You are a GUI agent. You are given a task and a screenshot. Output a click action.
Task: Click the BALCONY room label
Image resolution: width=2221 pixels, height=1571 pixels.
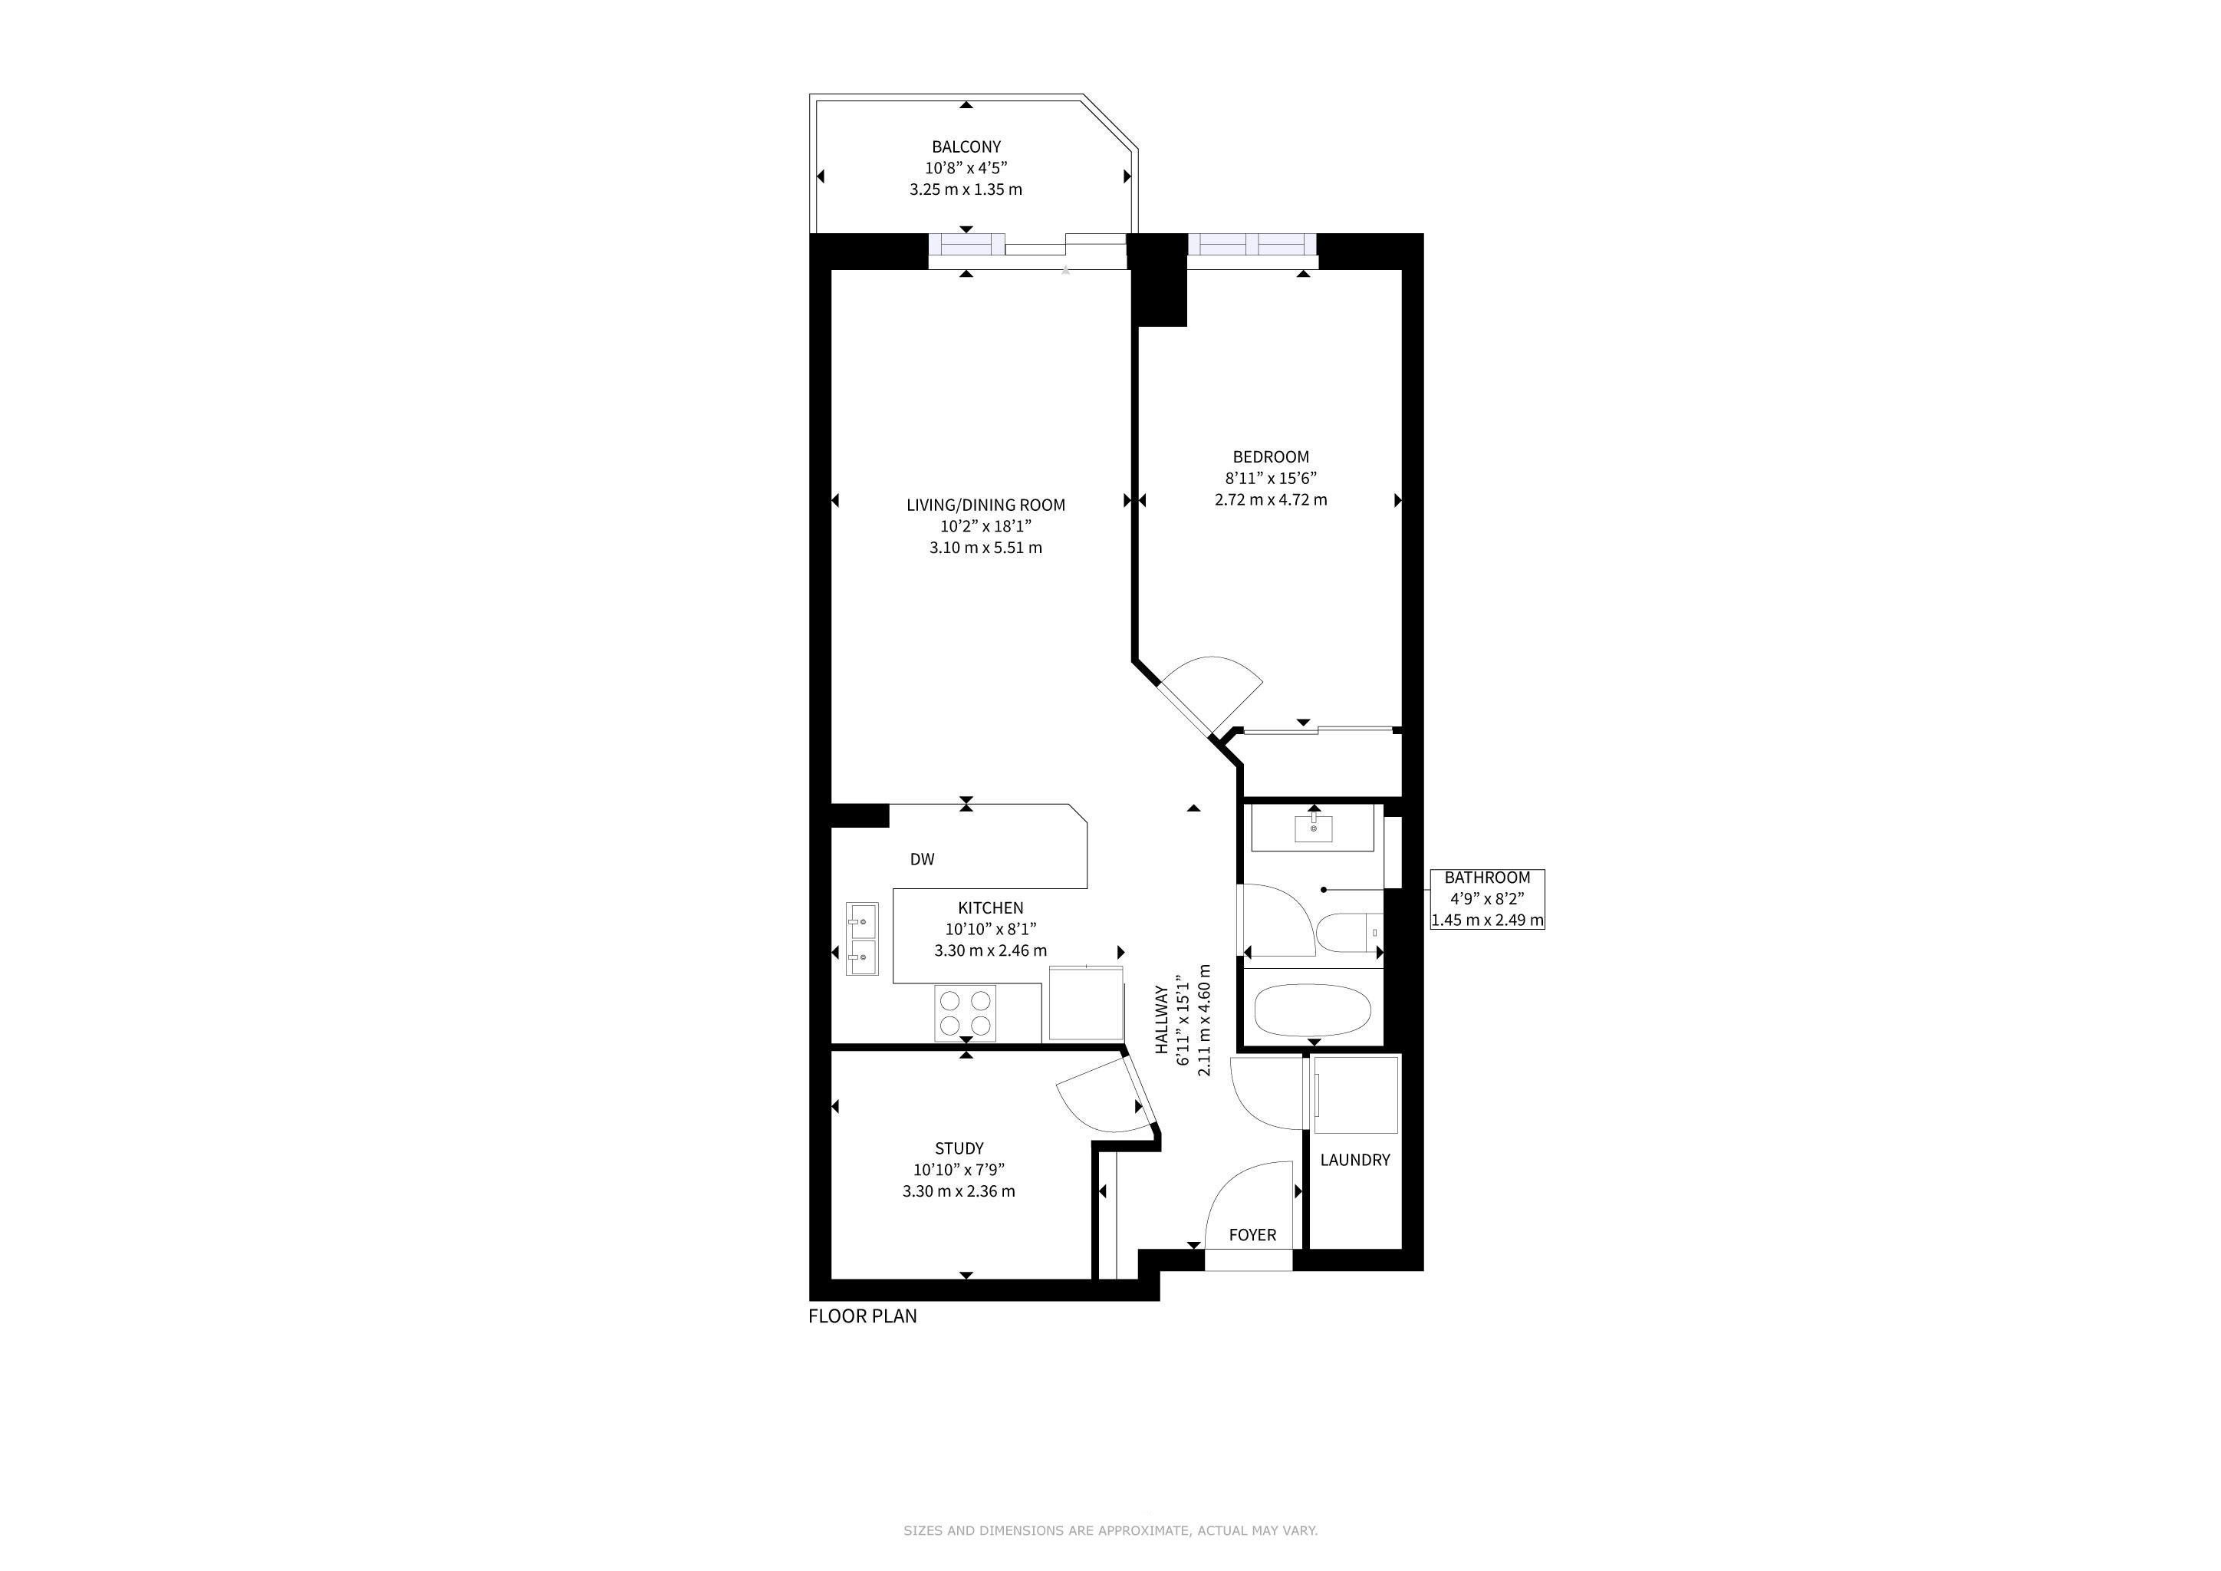(966, 147)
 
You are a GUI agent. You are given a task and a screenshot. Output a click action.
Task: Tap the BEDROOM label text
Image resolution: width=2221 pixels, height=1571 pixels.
(1270, 456)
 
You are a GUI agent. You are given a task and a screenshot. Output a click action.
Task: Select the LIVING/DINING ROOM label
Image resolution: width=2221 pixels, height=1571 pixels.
(985, 505)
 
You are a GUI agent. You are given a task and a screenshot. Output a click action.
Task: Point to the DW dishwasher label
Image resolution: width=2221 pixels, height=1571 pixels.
(922, 859)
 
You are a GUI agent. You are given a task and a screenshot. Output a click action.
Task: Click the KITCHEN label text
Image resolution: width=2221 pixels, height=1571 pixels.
(991, 907)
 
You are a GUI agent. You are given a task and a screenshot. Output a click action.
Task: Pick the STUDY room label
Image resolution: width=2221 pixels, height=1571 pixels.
(959, 1148)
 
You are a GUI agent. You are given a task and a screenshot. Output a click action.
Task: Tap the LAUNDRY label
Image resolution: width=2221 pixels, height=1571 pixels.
(1354, 1160)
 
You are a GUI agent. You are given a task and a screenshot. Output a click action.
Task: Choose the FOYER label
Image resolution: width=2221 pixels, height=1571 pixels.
(1252, 1235)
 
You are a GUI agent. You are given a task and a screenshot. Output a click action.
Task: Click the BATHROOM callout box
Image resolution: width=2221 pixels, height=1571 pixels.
(1487, 899)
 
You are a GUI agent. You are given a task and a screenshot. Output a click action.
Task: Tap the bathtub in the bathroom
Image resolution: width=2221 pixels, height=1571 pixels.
(1313, 1011)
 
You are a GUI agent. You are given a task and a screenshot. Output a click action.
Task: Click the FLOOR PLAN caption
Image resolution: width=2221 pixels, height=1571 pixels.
(863, 1316)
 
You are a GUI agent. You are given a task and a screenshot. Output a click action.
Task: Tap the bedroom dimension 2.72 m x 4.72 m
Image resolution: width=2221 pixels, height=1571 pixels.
(1270, 500)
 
